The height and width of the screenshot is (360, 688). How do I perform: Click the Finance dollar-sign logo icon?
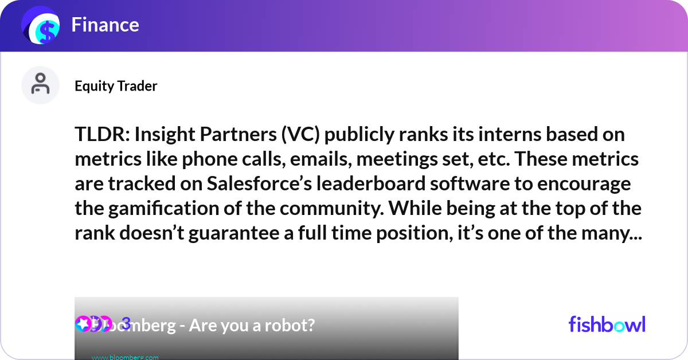[x=41, y=26]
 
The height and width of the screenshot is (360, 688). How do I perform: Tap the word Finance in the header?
[x=105, y=25]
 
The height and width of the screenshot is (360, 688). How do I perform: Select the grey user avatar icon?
[x=41, y=85]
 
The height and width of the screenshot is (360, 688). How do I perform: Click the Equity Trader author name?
[x=116, y=86]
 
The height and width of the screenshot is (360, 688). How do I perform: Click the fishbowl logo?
[x=607, y=324]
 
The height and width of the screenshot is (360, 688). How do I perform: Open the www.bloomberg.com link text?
[x=125, y=357]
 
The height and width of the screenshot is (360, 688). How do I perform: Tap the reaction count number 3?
[x=127, y=323]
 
